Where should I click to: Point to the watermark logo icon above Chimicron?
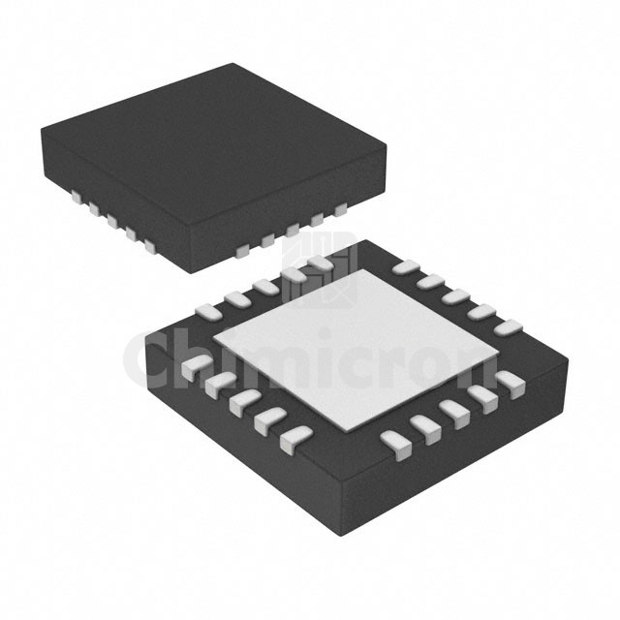pyautogui.click(x=320, y=269)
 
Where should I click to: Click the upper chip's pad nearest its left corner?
pyautogui.click(x=77, y=196)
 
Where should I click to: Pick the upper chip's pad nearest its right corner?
pyautogui.click(x=340, y=209)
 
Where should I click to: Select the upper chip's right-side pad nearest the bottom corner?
pyautogui.click(x=242, y=251)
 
